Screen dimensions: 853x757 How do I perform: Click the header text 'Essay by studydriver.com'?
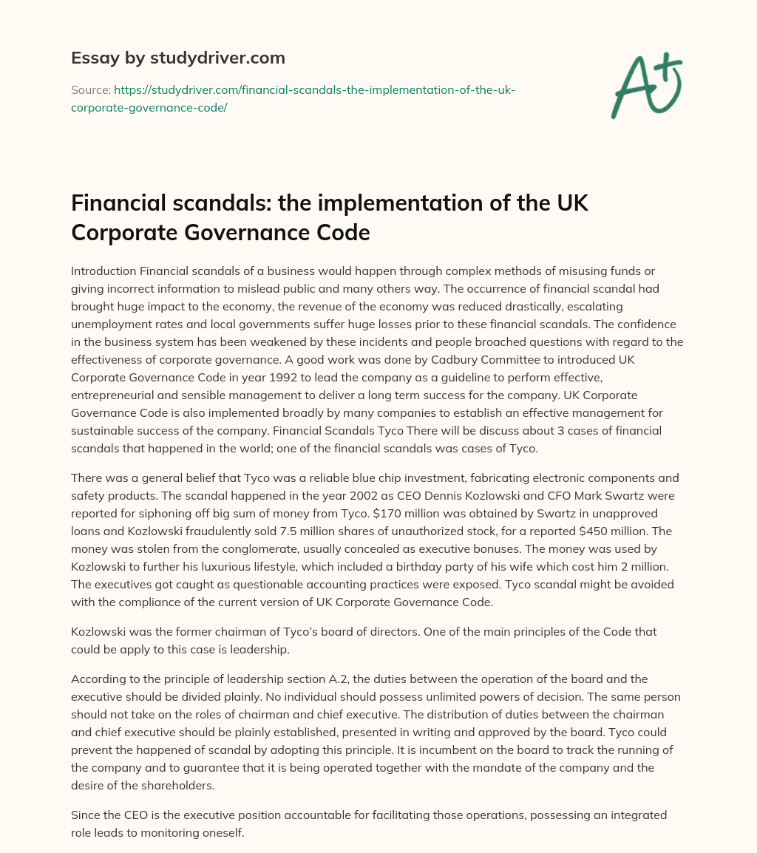[178, 57]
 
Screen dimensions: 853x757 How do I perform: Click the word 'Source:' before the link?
[90, 89]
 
